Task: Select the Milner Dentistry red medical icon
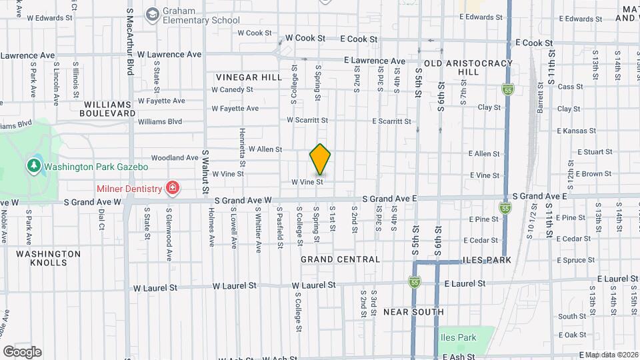(173, 189)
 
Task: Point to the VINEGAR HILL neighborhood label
(249, 77)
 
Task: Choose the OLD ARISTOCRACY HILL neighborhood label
(469, 67)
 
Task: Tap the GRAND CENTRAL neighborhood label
(340, 259)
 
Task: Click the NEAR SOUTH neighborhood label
(413, 311)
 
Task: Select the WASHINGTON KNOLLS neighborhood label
(48, 258)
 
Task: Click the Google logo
(22, 352)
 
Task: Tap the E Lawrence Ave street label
(374, 61)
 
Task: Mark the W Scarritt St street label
(307, 120)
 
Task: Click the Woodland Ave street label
(175, 158)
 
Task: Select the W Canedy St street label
(232, 89)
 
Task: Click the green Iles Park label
(458, 338)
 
